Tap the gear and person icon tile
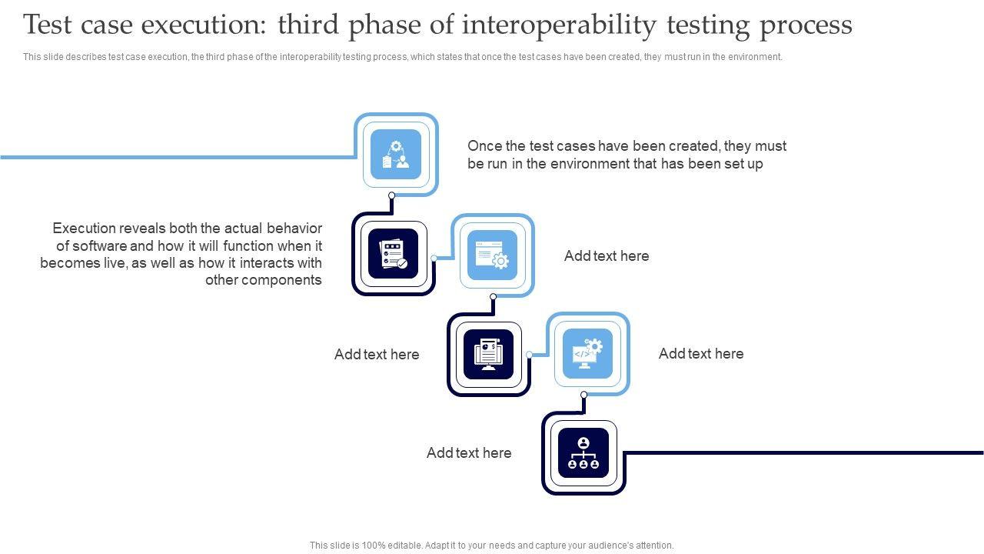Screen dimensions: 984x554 (396, 154)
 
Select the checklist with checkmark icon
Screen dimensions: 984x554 (393, 254)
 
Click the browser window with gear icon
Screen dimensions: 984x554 (493, 255)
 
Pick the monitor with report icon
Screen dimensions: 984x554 (488, 354)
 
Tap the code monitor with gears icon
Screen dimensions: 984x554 (588, 353)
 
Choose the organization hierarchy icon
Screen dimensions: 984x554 (583, 453)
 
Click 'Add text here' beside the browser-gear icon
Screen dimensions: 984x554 (607, 256)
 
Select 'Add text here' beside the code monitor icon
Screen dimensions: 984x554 (701, 353)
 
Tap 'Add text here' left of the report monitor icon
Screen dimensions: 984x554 (377, 355)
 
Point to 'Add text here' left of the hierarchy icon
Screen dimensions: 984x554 (469, 453)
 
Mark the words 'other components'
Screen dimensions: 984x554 (264, 280)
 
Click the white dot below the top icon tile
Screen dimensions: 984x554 (391, 195)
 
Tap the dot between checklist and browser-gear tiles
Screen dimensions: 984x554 (434, 258)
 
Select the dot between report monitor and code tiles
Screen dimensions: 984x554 (530, 355)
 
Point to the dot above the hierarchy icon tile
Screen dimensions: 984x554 (583, 395)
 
